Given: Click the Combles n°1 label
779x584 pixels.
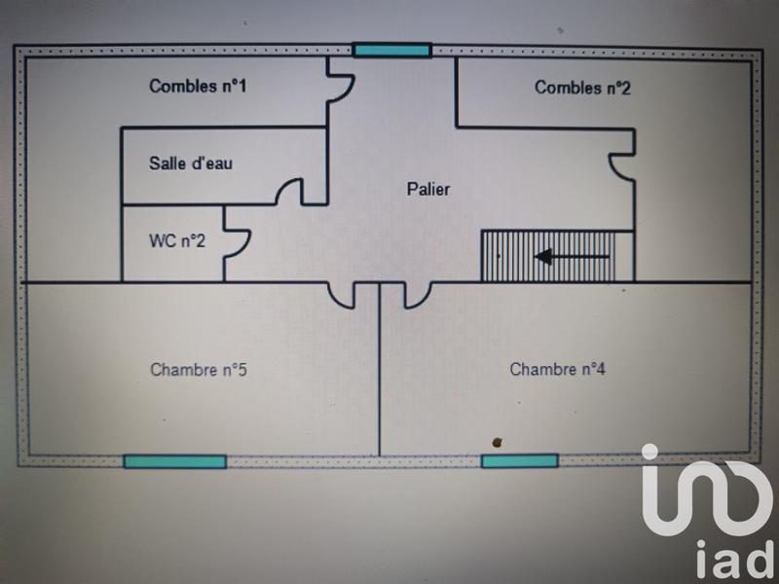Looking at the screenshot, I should click(198, 87).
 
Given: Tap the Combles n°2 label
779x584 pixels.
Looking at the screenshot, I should click(583, 89).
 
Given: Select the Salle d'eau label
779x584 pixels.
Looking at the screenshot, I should click(191, 164).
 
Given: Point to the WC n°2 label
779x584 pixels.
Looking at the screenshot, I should click(176, 240).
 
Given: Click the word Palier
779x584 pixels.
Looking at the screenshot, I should click(428, 190).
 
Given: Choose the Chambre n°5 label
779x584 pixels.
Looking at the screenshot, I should click(198, 370).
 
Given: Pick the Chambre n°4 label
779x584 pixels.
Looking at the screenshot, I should click(558, 370).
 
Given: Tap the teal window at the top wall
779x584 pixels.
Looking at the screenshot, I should click(391, 50).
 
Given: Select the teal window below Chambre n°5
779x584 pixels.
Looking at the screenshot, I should click(175, 461).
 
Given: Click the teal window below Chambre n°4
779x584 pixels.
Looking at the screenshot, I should click(520, 460).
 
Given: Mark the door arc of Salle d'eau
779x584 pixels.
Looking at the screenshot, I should click(289, 191).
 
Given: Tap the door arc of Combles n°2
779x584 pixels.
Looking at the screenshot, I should click(619, 165).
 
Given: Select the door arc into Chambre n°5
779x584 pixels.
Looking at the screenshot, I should click(342, 294).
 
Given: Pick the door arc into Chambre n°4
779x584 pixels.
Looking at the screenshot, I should click(415, 294).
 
